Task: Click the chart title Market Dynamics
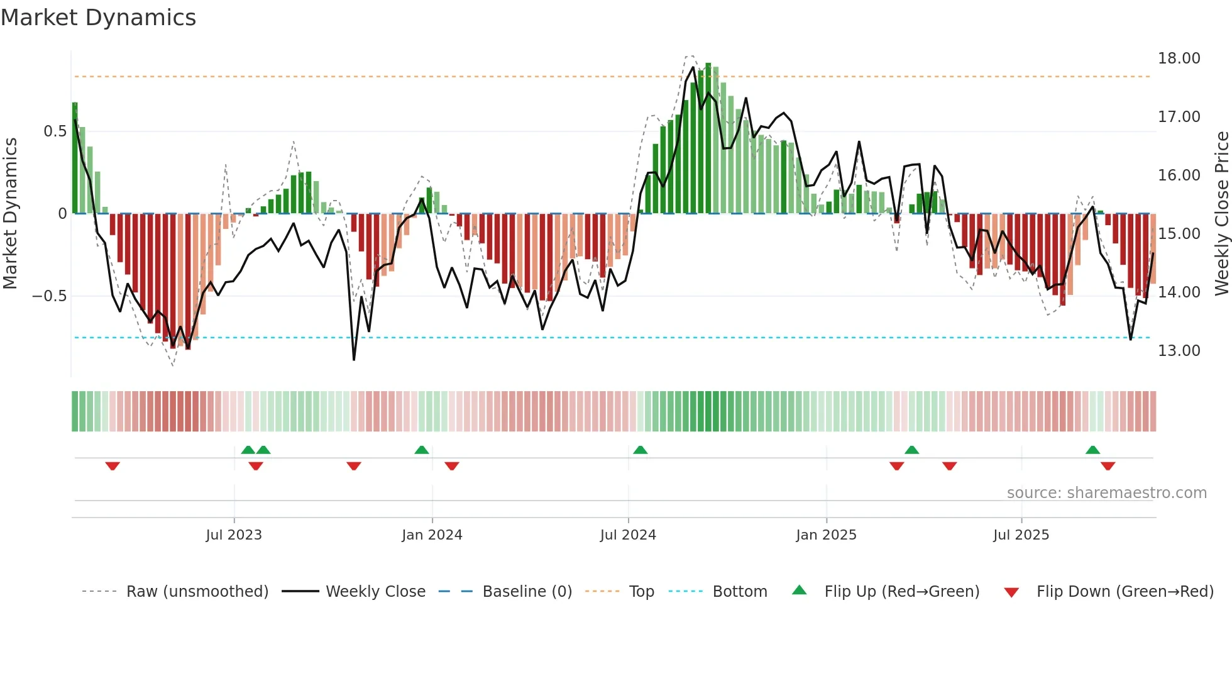[x=98, y=18]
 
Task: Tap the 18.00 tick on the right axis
[x=1179, y=58]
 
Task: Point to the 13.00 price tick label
[x=1179, y=351]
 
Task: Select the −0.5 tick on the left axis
[x=50, y=296]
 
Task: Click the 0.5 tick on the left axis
[x=55, y=131]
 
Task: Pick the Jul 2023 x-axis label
[x=234, y=535]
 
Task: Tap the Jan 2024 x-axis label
[x=432, y=535]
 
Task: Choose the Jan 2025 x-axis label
[x=826, y=535]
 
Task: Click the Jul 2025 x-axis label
[x=1021, y=535]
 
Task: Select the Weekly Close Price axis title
[x=1221, y=213]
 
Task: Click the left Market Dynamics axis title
[x=10, y=213]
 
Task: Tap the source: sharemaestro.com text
[x=1106, y=493]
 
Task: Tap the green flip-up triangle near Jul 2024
[x=640, y=450]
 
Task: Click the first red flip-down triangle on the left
[x=113, y=466]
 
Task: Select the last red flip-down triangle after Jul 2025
[x=1108, y=466]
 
